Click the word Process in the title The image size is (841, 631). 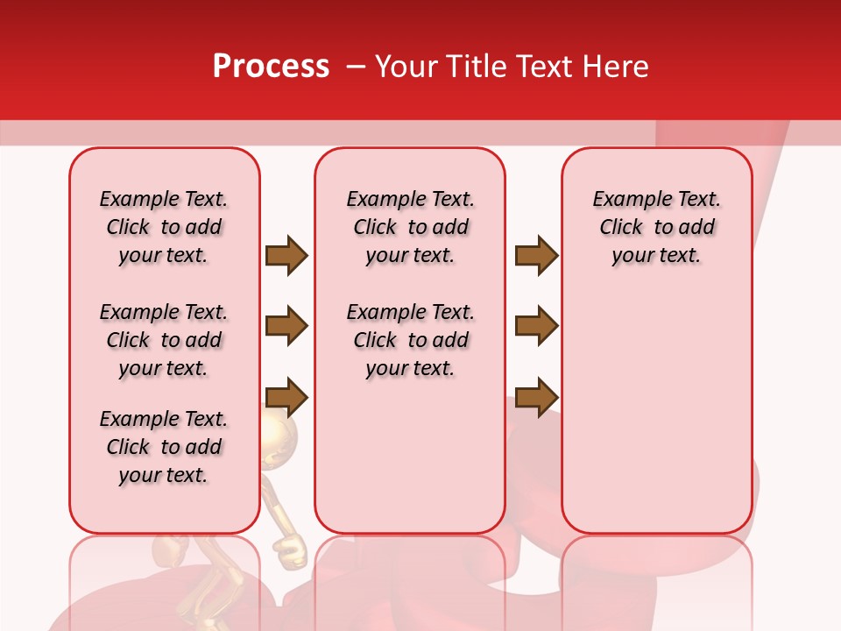271,67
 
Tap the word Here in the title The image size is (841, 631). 618,67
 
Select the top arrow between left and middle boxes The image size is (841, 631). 286,255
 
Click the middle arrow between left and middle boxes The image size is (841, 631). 286,326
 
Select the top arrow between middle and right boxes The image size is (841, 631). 536,255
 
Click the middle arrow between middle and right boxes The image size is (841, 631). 536,326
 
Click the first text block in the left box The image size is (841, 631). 164,227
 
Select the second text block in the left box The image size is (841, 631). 164,340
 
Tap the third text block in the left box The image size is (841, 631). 164,447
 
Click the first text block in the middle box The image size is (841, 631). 410,227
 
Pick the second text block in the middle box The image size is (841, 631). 410,340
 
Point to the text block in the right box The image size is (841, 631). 657,227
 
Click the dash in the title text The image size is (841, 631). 357,67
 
